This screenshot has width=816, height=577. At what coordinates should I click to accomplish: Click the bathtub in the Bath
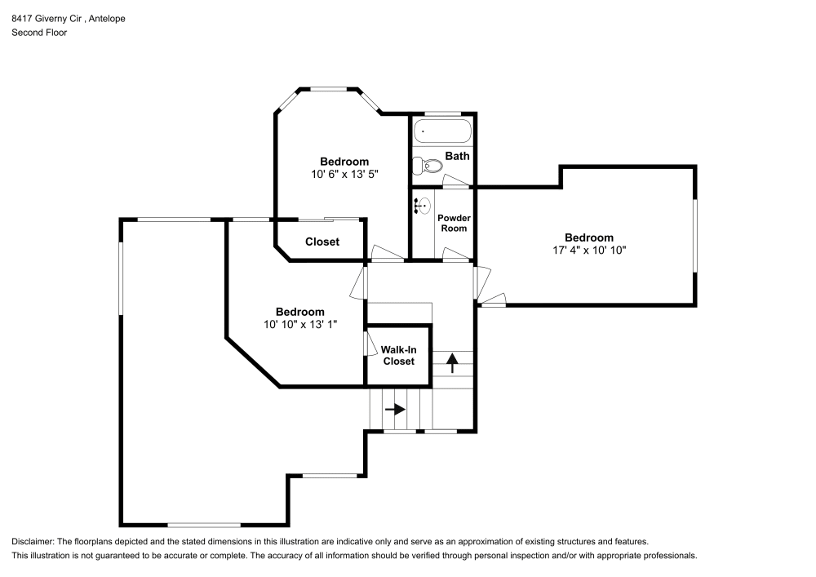441,131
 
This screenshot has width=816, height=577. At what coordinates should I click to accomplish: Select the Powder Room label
454,223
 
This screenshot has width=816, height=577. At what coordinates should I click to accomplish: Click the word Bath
457,156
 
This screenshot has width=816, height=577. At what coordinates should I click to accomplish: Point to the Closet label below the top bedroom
322,242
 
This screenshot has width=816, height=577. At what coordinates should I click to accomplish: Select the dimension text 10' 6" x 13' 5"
344,174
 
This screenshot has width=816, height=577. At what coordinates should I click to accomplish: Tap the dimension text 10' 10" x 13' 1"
299,324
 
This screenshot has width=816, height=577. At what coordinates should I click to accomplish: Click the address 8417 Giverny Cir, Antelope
69,18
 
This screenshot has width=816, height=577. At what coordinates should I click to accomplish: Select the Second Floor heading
39,33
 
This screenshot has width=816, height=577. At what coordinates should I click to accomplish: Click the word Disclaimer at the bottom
32,541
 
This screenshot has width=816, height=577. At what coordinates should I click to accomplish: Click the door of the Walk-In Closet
366,343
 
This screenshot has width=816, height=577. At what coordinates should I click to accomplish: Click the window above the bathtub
441,113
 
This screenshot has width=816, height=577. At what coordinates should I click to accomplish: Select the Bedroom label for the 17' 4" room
589,237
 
